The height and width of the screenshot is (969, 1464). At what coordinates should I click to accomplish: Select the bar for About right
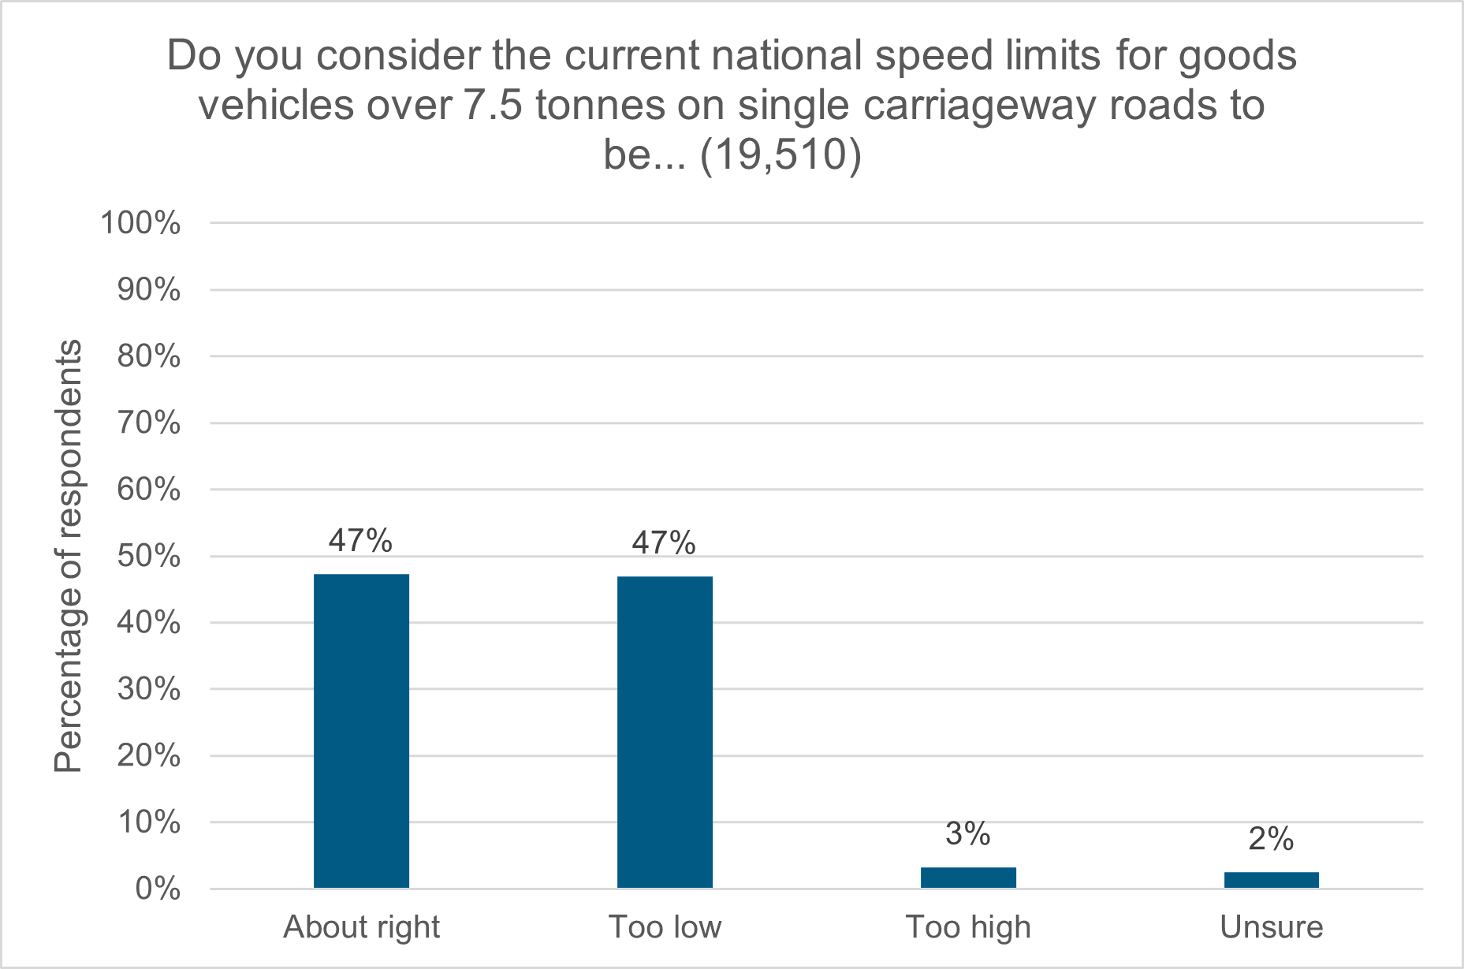[x=361, y=731]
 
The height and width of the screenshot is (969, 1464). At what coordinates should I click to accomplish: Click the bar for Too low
[x=665, y=732]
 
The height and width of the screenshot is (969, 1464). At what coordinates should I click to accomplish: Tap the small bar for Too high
[x=968, y=878]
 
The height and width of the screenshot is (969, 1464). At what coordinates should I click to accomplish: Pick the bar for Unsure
[x=1271, y=880]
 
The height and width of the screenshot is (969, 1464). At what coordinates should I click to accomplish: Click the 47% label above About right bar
[x=360, y=541]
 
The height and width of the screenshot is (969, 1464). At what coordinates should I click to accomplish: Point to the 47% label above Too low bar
[x=664, y=543]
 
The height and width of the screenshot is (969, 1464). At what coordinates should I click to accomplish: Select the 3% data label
[x=967, y=834]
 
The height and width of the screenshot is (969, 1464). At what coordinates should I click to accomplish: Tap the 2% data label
[x=1271, y=839]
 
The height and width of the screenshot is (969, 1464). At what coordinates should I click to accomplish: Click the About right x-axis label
[x=361, y=927]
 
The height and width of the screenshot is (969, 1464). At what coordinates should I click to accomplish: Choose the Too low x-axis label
[x=665, y=927]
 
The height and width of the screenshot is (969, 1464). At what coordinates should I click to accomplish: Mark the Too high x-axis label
[x=968, y=927]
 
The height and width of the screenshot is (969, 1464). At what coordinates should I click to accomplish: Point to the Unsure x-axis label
[x=1271, y=927]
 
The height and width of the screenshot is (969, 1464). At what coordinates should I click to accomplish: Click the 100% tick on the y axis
[x=140, y=223]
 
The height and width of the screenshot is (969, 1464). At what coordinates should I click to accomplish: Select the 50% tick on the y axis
[x=148, y=557]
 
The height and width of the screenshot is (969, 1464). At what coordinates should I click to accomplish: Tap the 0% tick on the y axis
[x=158, y=889]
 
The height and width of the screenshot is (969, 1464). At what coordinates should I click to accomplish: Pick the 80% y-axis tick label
[x=148, y=356]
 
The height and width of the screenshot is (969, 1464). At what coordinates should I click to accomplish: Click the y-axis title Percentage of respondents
[x=69, y=556]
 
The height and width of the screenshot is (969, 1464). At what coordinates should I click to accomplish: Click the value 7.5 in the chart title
[x=493, y=106]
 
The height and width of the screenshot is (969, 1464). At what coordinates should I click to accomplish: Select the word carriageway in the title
[x=980, y=106]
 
